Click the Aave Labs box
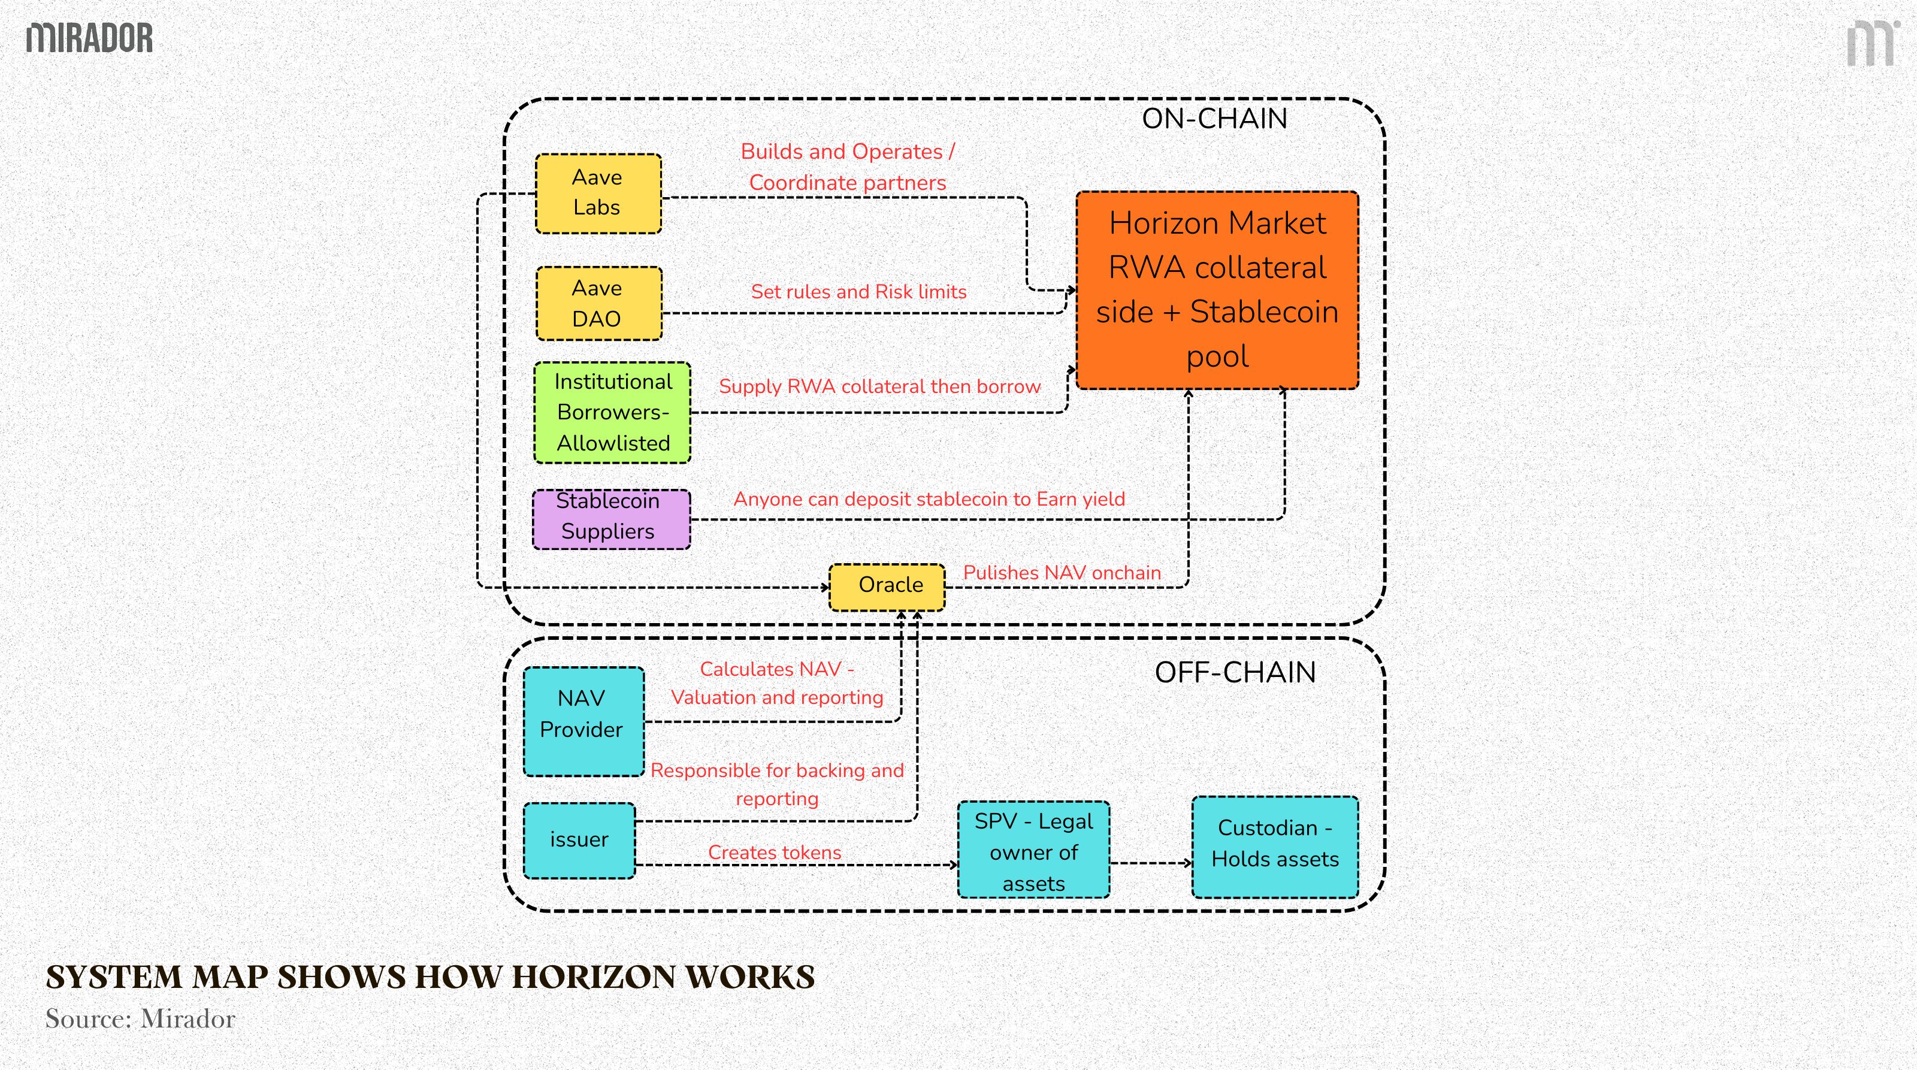(x=598, y=194)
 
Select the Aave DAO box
(x=598, y=304)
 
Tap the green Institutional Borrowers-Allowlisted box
(x=612, y=413)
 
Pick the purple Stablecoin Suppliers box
(x=611, y=519)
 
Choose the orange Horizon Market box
(x=1217, y=290)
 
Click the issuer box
(x=579, y=840)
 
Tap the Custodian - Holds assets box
(x=1275, y=847)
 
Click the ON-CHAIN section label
(x=1214, y=119)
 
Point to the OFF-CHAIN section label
(x=1235, y=673)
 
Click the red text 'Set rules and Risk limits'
(x=858, y=292)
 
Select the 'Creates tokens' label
(x=774, y=852)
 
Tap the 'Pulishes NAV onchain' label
(x=1061, y=573)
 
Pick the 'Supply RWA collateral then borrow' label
(x=879, y=387)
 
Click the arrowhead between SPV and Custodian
(x=1189, y=863)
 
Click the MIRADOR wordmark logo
(x=89, y=38)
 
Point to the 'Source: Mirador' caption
(x=140, y=1018)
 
